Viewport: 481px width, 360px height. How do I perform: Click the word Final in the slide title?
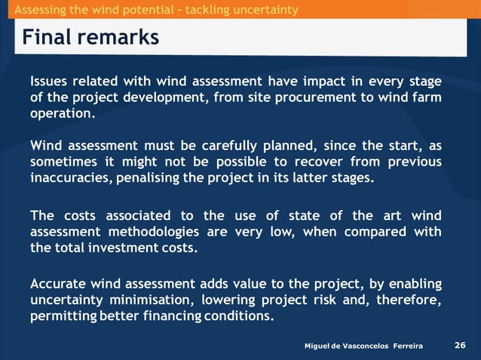(x=47, y=37)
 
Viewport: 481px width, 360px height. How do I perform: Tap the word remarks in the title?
(x=118, y=37)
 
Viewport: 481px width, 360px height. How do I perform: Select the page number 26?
(x=460, y=345)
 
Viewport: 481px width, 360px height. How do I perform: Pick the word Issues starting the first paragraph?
(x=51, y=81)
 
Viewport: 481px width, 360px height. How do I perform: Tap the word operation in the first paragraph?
(x=62, y=114)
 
